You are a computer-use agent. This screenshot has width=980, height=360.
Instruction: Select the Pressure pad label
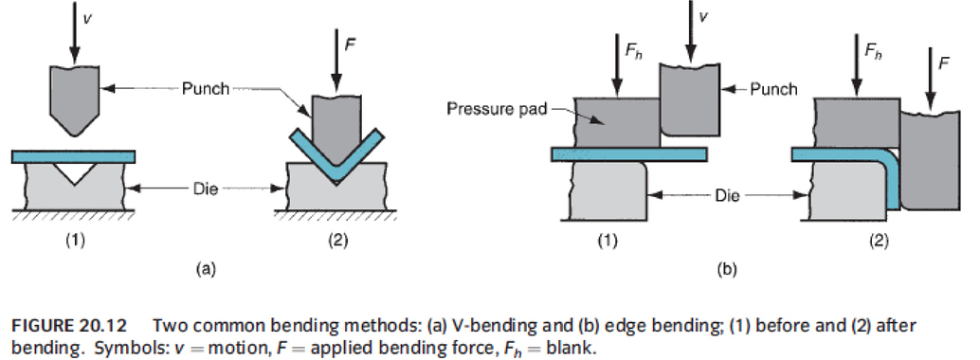487,109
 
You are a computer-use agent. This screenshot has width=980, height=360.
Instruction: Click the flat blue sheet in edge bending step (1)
626,153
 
